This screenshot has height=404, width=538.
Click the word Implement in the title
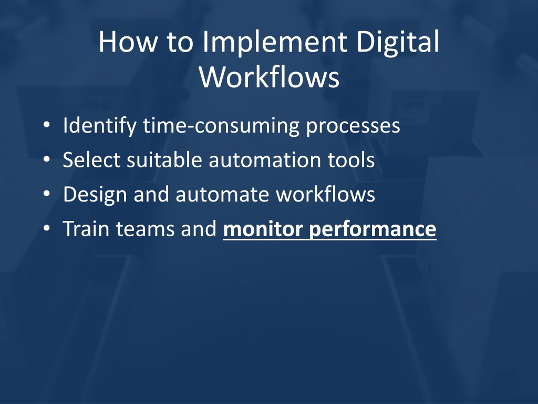point(275,43)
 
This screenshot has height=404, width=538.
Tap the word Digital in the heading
point(398,43)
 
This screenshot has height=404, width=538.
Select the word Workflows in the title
point(270,77)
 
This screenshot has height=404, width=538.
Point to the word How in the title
point(128,42)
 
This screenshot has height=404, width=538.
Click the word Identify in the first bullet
point(100,126)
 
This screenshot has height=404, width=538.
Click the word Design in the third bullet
point(96,195)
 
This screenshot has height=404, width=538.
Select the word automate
point(222,195)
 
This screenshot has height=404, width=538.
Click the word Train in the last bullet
point(86,228)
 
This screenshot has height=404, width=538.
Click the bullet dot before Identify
point(47,125)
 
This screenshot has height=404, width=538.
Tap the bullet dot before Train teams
point(47,228)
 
